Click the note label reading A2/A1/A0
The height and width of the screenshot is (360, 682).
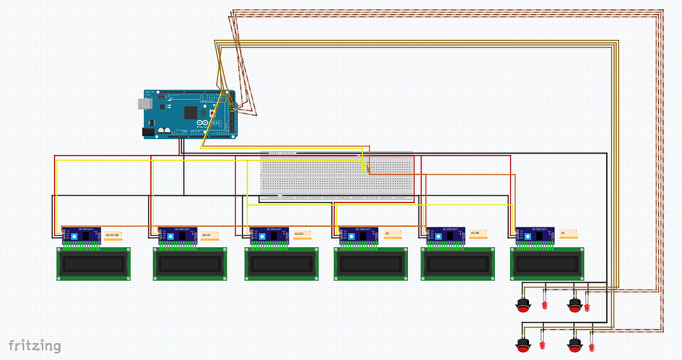(x=113, y=235)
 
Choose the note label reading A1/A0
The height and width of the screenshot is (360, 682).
(x=478, y=233)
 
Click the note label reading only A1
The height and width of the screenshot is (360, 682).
(x=568, y=233)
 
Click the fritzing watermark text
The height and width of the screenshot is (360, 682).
(x=34, y=345)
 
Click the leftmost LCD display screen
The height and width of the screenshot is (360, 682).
(x=92, y=264)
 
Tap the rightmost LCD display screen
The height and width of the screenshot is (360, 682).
(x=549, y=264)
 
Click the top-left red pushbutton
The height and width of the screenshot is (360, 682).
(x=523, y=305)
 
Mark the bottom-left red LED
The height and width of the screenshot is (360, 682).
(x=542, y=345)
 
